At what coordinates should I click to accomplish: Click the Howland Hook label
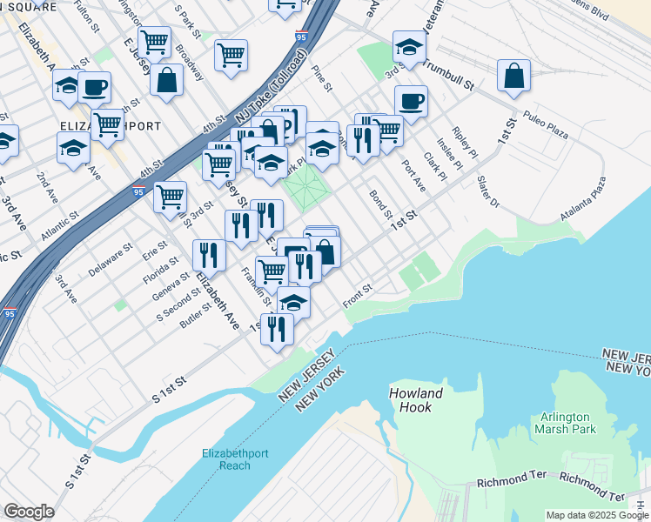click(x=415, y=400)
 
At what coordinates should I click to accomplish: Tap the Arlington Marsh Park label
click(x=567, y=423)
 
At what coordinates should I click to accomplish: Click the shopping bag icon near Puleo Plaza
click(x=514, y=76)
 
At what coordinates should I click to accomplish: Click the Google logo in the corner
click(x=29, y=512)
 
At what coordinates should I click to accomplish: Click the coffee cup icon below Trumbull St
click(x=411, y=102)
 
